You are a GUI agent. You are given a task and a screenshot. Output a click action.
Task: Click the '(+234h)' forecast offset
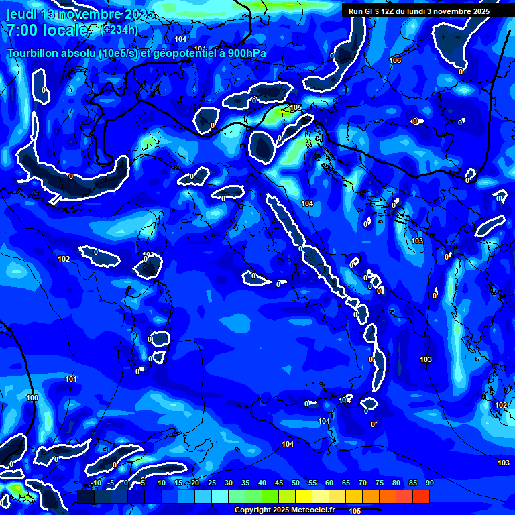pyautogui.click(x=119, y=30)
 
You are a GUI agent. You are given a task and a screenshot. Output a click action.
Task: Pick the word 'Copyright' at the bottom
pyautogui.click(x=252, y=510)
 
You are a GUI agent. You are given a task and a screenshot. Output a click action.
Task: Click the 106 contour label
pyautogui.click(x=395, y=60)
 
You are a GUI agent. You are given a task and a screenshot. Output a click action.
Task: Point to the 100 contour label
pyautogui.click(x=32, y=398)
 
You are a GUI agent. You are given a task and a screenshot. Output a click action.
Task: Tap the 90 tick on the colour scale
pyautogui.click(x=429, y=483)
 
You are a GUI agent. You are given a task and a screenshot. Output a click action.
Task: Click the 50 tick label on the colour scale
pyautogui.click(x=295, y=483)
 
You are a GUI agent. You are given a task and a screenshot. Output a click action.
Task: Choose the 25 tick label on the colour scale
pyautogui.click(x=211, y=483)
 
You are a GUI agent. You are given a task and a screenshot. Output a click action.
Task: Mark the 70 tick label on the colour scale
pyautogui.click(x=362, y=483)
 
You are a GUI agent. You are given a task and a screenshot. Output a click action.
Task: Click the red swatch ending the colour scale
pyautogui.click(x=420, y=496)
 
